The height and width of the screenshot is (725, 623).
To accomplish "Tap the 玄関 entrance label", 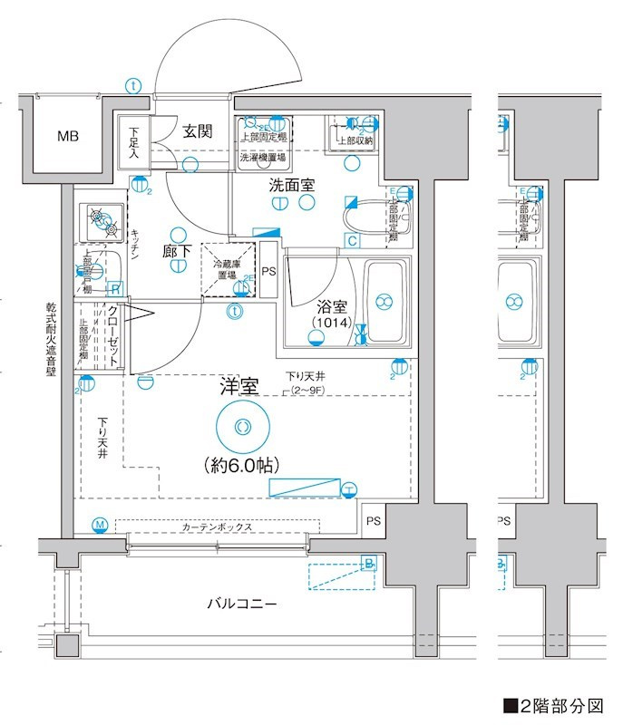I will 198,131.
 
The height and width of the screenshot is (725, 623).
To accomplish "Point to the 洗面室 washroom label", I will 291,184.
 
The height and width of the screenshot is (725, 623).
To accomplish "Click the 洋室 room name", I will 239,386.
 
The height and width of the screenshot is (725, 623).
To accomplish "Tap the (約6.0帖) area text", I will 241,465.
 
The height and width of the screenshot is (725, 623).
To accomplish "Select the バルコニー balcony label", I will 241,604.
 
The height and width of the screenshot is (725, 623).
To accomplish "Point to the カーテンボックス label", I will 216,527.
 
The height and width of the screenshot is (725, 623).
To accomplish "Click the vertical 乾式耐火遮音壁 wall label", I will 52,344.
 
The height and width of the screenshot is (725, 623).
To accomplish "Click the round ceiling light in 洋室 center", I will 242,427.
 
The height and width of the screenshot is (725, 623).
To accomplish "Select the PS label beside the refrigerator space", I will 269,271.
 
